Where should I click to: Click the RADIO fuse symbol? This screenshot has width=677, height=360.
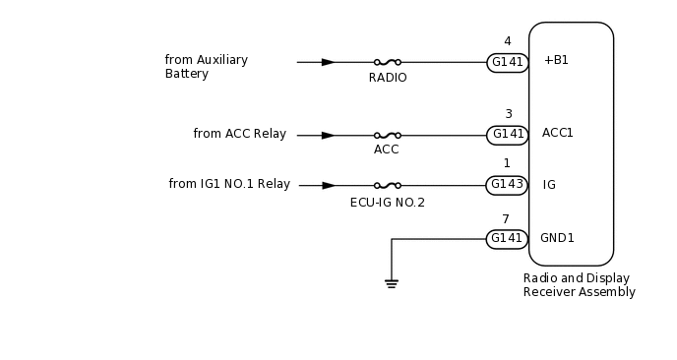tap(387, 62)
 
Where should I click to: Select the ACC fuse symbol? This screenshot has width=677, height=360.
tap(387, 135)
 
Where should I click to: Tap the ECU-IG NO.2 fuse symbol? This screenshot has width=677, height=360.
tap(387, 185)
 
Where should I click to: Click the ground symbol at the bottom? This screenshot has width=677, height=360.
tap(392, 284)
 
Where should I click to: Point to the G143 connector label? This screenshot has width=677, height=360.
tap(508, 185)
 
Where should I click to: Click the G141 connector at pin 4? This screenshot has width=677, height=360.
tap(508, 63)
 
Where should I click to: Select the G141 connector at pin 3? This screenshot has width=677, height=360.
tap(508, 135)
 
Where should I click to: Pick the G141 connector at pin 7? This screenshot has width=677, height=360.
tap(508, 239)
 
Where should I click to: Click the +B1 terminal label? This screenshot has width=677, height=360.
tap(556, 60)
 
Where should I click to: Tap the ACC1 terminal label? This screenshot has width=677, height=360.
tap(557, 133)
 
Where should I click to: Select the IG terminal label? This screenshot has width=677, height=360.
tap(549, 185)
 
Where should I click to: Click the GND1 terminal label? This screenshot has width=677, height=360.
tap(557, 238)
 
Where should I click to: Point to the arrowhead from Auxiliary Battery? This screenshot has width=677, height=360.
tap(328, 62)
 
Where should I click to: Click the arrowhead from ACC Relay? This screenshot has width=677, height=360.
tap(328, 135)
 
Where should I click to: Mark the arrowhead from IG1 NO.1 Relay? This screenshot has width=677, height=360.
tap(329, 185)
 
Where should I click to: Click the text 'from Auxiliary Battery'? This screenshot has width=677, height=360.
tap(206, 67)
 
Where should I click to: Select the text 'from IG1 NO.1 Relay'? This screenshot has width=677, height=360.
tap(229, 184)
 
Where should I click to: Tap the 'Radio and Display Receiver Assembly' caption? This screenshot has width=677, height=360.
tap(579, 285)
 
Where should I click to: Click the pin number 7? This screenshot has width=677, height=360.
tap(506, 219)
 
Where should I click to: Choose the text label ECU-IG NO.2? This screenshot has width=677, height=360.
tap(387, 203)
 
